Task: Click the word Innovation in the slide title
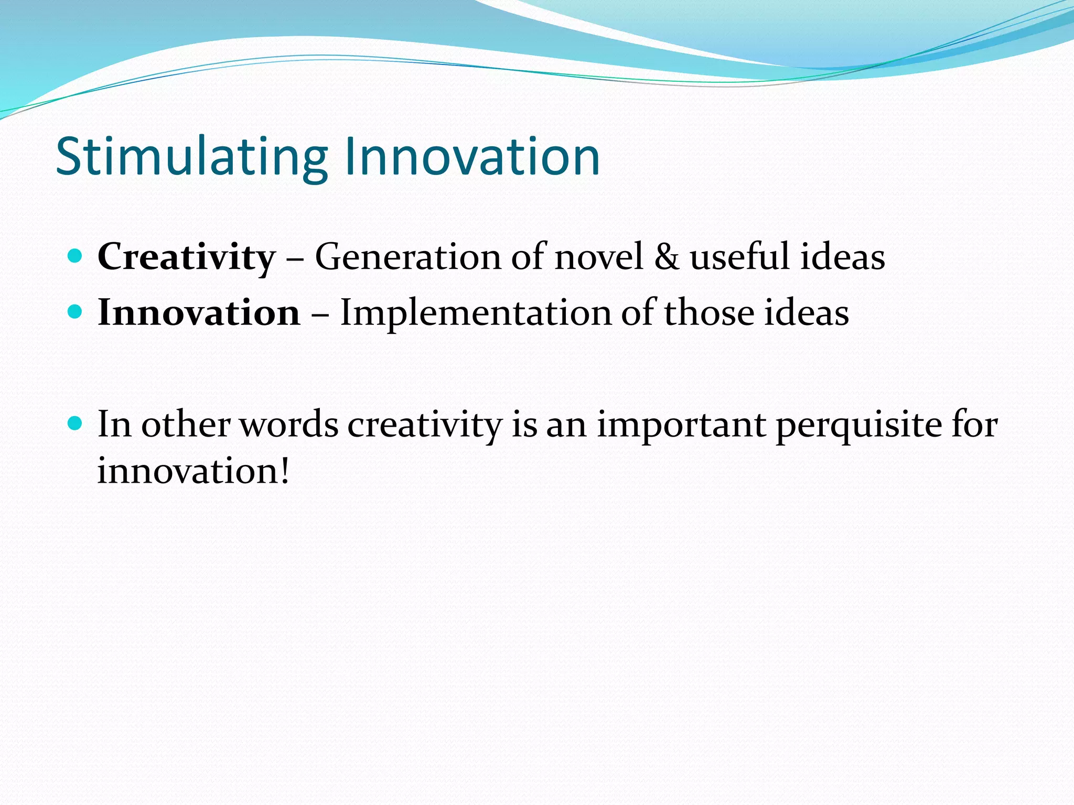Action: tap(472, 156)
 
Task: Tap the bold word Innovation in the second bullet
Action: tap(199, 313)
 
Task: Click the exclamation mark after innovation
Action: tap(285, 471)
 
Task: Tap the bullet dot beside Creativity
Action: tap(76, 256)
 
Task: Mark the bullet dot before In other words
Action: tap(76, 423)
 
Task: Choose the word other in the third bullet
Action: tap(186, 425)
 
